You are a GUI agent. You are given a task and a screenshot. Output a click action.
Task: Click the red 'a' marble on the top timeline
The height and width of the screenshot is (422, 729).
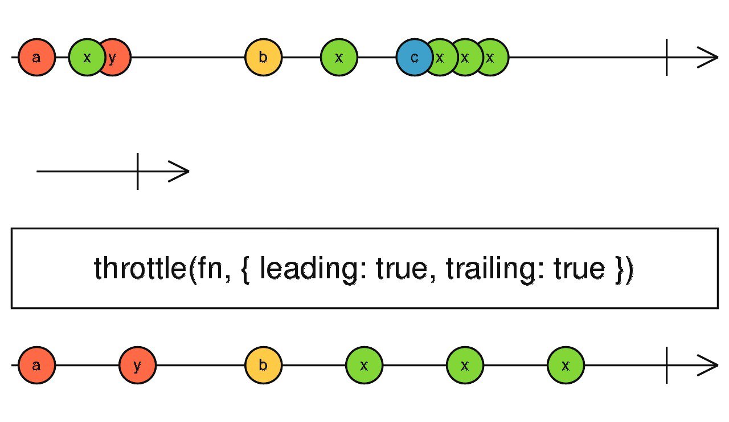click(36, 58)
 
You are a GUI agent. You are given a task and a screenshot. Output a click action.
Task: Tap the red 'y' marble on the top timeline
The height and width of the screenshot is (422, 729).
click(116, 58)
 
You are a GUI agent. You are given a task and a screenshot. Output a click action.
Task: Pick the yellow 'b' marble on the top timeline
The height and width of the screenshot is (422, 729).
click(263, 58)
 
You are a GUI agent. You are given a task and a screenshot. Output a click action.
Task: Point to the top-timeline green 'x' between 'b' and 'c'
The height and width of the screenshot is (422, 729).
click(339, 58)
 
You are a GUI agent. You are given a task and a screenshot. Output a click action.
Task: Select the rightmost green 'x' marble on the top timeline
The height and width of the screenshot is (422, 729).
click(493, 58)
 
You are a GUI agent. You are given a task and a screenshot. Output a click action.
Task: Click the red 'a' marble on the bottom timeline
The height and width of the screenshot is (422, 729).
click(36, 365)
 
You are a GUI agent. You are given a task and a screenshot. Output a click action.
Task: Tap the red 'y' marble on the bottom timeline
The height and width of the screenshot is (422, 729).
click(137, 365)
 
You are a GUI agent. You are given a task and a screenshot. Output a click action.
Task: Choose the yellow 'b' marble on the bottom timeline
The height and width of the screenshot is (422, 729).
click(263, 365)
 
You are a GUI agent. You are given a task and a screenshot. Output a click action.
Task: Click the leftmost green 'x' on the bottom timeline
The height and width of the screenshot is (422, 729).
click(364, 365)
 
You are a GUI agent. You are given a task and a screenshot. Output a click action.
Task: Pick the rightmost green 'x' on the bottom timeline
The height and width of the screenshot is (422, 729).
click(566, 365)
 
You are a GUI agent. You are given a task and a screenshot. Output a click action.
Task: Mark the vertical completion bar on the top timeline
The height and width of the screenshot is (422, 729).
click(666, 58)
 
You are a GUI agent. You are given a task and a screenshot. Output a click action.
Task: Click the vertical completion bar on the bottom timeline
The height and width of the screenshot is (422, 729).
click(666, 365)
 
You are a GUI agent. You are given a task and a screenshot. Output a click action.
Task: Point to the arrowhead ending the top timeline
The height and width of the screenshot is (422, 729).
click(709, 58)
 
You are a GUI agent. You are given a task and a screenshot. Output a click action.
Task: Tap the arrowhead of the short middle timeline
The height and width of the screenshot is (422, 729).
click(181, 171)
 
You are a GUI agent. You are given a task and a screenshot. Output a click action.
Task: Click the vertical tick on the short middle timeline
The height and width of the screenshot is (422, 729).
click(137, 171)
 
